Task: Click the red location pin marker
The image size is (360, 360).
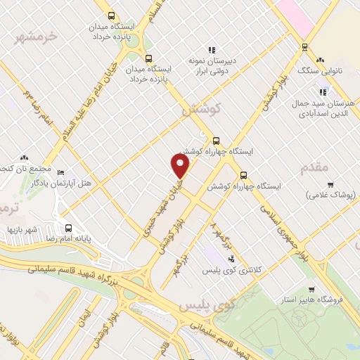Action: (x=181, y=166)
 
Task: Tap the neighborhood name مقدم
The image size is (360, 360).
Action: (x=314, y=167)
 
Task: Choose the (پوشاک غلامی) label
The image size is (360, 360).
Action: (x=330, y=193)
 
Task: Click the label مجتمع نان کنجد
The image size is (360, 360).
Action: (x=27, y=169)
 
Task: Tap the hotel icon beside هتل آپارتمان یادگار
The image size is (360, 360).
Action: (x=60, y=172)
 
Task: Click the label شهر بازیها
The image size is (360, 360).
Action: (x=23, y=229)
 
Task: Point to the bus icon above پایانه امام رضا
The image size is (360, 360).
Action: (x=68, y=228)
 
